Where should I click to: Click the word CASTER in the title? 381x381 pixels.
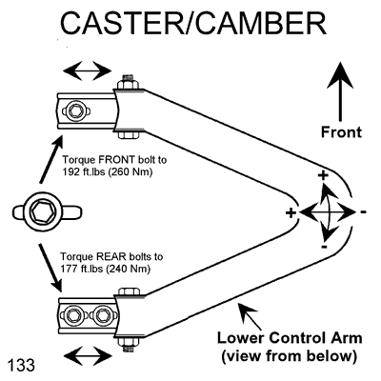coord(122,23)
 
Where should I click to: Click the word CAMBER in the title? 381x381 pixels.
coord(261,23)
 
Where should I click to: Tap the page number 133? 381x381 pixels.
coord(21,365)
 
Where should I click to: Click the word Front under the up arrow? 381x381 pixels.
coord(341,132)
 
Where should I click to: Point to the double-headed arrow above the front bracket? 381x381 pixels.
coord(88,70)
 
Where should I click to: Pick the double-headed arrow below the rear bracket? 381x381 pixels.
coord(88,356)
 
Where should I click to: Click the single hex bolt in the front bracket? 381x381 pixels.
coord(76,111)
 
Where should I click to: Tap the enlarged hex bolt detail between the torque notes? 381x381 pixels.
coord(47,211)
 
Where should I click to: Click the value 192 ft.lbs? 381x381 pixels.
coord(83,172)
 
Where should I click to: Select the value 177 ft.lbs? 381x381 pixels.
coord(82,270)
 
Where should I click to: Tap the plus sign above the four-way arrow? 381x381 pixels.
coord(323,175)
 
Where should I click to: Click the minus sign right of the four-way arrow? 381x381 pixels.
coord(364,211)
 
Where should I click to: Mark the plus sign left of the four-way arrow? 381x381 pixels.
coord(291,213)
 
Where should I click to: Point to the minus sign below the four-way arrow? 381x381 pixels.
coord(324,247)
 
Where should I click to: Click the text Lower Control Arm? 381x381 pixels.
coord(290,338)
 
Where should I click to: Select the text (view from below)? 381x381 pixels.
coord(289,355)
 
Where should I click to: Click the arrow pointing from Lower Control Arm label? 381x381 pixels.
coord(250,316)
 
